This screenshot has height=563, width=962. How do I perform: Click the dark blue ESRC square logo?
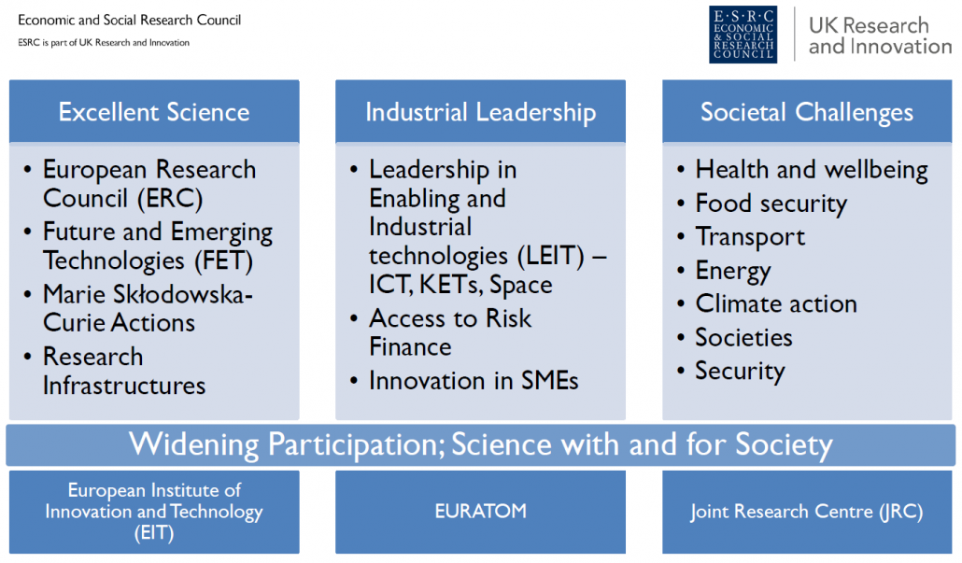click(743, 35)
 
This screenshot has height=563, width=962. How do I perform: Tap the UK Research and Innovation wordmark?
click(880, 35)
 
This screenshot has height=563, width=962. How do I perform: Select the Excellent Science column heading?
click(154, 112)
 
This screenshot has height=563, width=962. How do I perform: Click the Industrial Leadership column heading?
click(480, 112)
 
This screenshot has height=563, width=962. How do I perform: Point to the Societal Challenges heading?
click(807, 112)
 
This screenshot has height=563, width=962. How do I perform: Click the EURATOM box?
click(480, 512)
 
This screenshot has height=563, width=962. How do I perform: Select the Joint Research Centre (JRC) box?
click(807, 512)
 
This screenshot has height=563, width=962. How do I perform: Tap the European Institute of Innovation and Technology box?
click(154, 512)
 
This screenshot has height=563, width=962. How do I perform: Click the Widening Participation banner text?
click(480, 444)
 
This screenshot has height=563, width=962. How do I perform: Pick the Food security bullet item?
click(771, 204)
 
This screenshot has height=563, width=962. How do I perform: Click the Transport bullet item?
click(750, 237)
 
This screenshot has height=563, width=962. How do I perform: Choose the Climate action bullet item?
click(775, 303)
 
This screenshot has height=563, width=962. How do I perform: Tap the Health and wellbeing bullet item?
click(811, 170)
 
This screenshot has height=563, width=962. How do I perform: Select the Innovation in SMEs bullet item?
click(473, 381)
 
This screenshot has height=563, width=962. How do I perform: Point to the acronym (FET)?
click(223, 261)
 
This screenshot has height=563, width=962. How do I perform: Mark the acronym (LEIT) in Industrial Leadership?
click(551, 256)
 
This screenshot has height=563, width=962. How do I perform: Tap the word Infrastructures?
click(124, 386)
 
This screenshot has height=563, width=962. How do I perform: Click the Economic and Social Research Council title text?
click(130, 21)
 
